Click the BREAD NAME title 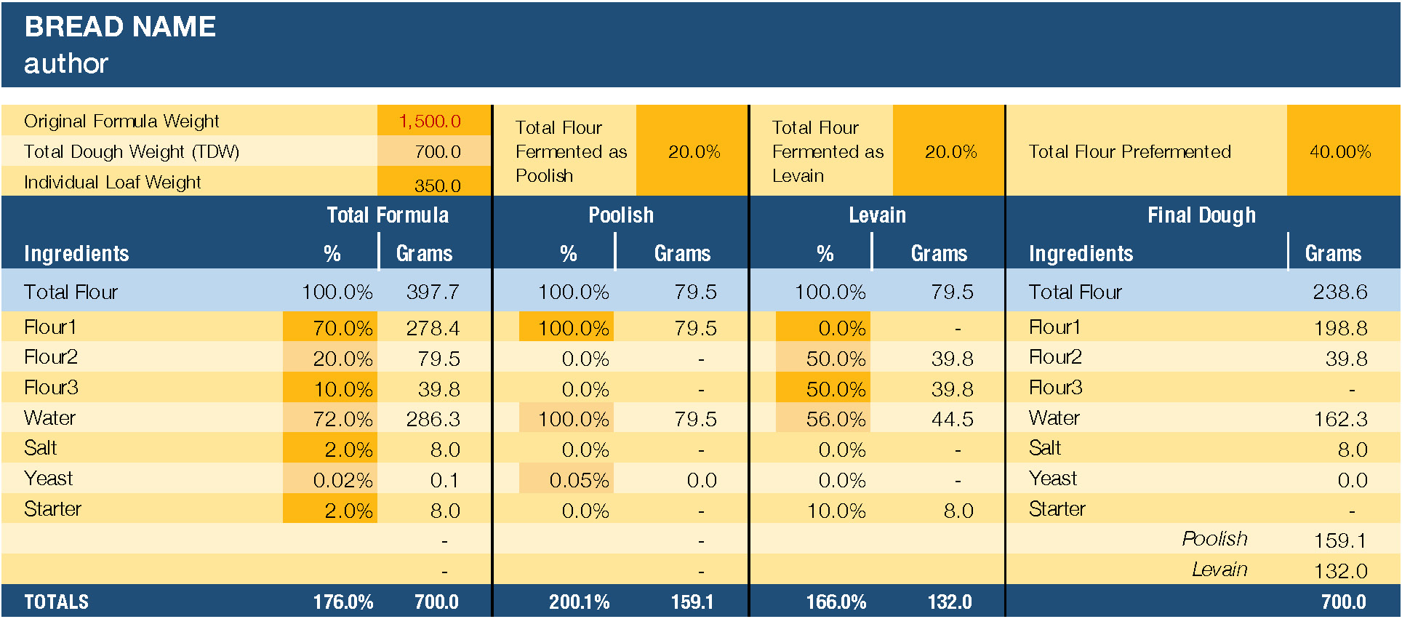120,27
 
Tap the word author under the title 66,63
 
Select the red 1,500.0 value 430,121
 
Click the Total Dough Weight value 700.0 438,152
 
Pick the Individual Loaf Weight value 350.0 438,185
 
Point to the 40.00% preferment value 1340,152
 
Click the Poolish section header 620,215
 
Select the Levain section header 877,215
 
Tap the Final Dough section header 1201,215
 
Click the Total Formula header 388,215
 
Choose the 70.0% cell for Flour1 343,328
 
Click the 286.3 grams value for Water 433,419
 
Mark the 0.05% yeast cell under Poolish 579,480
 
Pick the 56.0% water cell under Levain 836,419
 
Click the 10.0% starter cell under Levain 836,511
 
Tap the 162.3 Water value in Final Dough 1340,419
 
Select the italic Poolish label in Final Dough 1214,539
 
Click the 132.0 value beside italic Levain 1340,571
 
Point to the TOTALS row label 57,602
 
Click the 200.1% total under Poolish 579,602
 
